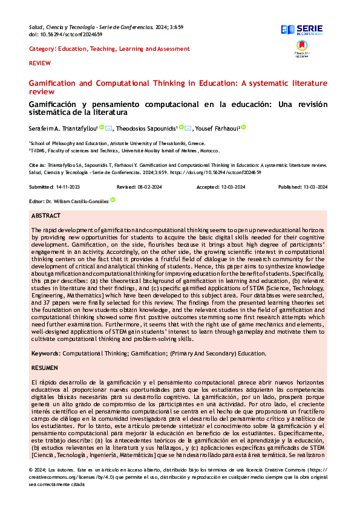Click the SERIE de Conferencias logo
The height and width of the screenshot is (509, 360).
click(303, 30)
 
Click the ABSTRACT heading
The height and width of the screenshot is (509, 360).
click(46, 216)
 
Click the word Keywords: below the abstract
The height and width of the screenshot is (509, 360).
click(45, 352)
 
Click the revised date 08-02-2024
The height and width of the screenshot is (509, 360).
click(151, 187)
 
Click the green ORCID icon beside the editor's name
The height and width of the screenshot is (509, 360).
click(113, 200)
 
